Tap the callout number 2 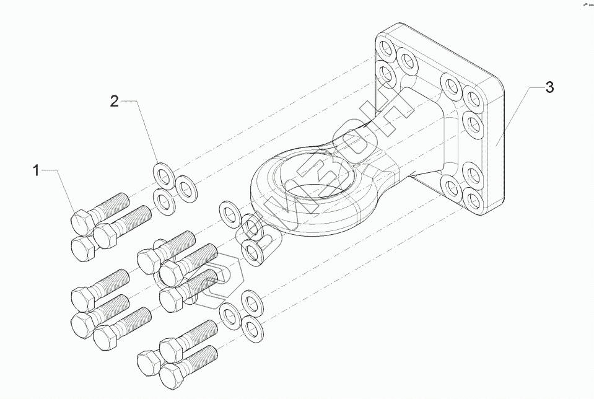click(114, 102)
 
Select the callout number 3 click(549, 87)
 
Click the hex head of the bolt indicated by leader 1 click(81, 220)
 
